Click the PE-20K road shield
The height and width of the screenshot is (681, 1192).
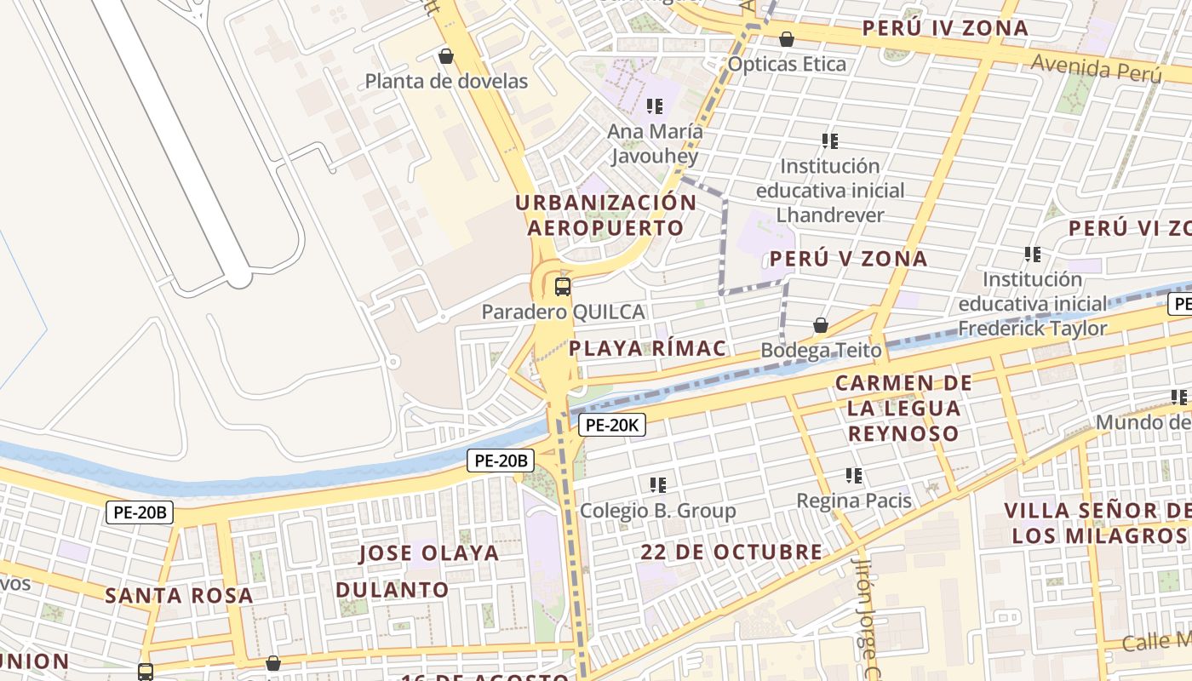[612, 425]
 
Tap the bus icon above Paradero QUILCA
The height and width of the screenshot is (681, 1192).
[562, 286]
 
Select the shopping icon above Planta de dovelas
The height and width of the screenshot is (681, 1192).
[445, 57]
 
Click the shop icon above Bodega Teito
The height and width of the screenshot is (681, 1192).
[821, 325]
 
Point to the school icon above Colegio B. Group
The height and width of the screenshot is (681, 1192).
[658, 485]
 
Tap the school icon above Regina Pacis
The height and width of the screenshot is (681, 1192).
[854, 476]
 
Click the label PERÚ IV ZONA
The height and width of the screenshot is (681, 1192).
[945, 28]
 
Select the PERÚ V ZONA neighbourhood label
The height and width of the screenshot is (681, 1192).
[848, 259]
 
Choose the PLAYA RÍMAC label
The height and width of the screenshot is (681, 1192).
[648, 348]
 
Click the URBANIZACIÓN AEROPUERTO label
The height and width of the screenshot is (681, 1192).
[605, 215]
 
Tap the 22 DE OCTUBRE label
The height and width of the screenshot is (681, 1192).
[731, 552]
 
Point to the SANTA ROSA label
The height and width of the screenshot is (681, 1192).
[179, 595]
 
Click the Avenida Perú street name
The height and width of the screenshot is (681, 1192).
[1097, 67]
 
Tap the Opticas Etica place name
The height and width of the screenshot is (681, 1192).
[787, 65]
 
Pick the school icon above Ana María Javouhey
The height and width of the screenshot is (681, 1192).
[655, 106]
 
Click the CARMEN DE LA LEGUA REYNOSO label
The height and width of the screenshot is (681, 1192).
[903, 408]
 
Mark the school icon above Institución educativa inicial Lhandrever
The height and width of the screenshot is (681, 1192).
[830, 141]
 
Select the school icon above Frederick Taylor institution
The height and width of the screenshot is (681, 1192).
[1033, 255]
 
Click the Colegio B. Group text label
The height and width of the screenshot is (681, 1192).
[657, 511]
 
